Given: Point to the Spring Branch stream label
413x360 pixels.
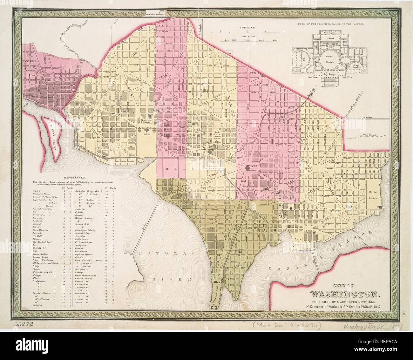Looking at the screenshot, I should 367,136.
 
